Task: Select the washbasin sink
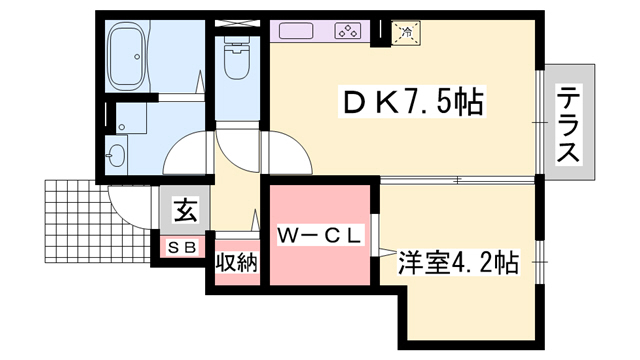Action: (117, 155)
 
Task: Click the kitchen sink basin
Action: (297, 31)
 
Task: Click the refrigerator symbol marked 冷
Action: (406, 33)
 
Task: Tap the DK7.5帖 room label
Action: (414, 101)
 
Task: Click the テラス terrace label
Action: (569, 124)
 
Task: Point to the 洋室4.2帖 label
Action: (458, 264)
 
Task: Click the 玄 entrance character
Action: (185, 211)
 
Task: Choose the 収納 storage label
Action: (237, 265)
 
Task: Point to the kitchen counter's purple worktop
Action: (325, 31)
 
